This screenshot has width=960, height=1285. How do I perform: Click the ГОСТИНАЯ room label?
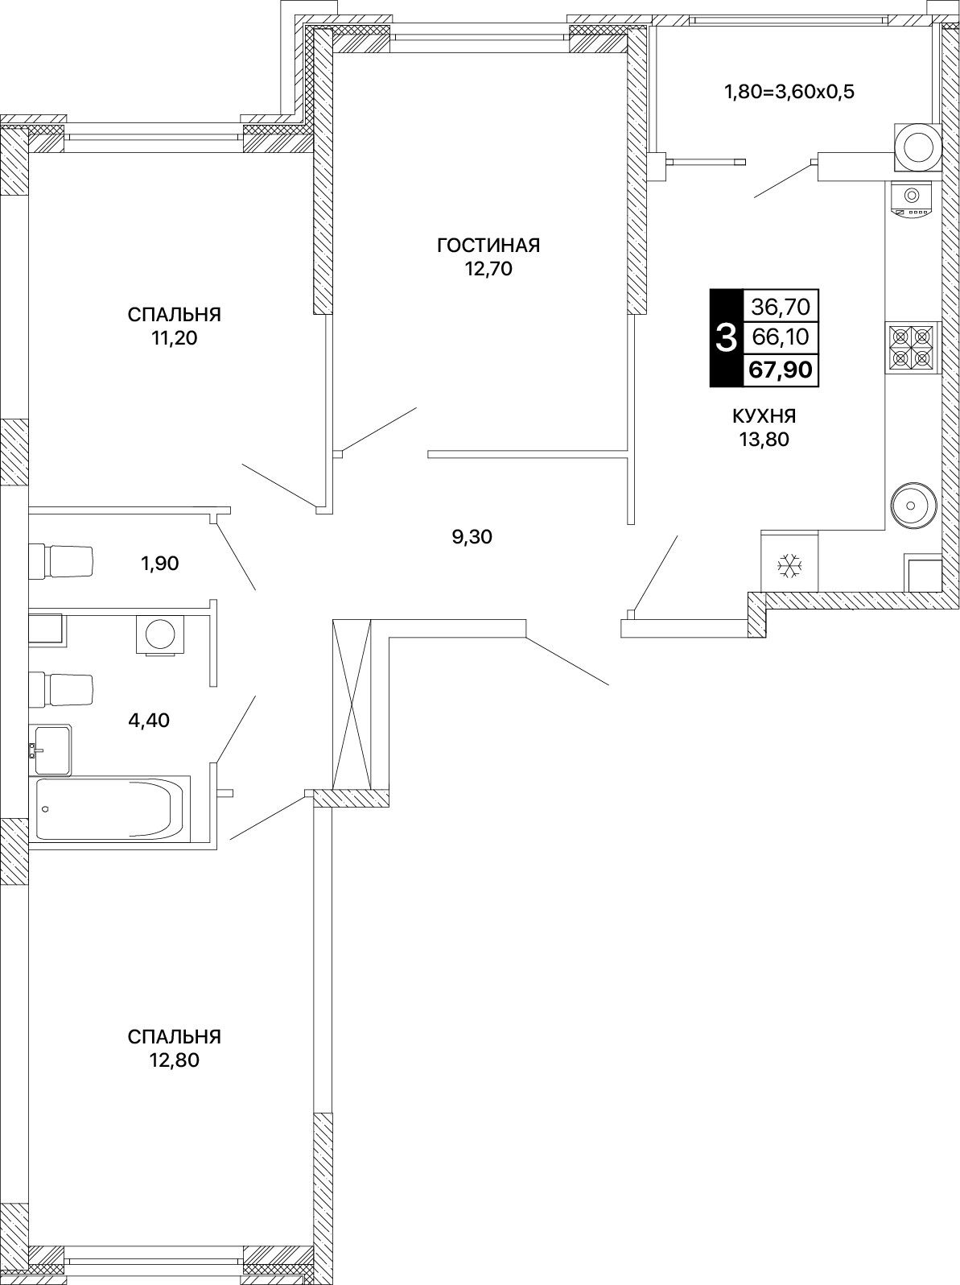pos(488,246)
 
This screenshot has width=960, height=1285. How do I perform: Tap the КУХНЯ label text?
pos(764,416)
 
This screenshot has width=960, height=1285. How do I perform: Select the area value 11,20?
pos(174,338)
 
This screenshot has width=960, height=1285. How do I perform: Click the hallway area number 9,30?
pos(472,536)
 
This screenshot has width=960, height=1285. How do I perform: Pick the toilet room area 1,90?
pos(159,563)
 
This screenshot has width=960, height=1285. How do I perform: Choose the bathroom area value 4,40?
pos(149,720)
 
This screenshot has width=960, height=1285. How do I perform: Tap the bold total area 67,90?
pos(781,370)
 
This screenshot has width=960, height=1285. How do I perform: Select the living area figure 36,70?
pos(781,306)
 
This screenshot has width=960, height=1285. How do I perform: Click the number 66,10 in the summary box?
pos(781,337)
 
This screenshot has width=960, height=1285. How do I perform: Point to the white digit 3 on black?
pos(726,338)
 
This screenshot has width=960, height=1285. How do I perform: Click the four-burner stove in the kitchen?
pos(913,348)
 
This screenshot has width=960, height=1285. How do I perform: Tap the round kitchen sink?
pos(914,504)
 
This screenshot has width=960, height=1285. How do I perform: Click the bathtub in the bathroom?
pos(110,808)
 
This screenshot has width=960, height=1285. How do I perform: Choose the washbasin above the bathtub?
pos(52,750)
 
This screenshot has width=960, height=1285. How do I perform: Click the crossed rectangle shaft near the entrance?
pos(352,705)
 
